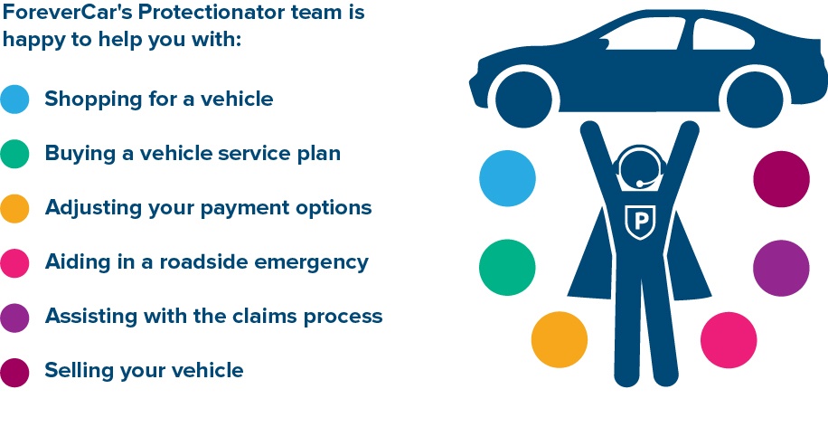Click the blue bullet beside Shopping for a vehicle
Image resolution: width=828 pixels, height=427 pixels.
[14, 100]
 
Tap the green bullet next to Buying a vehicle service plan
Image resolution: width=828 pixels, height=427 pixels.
[14, 154]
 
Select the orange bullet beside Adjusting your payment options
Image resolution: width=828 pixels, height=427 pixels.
[14, 208]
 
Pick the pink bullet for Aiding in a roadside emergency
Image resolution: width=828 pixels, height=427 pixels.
[14, 263]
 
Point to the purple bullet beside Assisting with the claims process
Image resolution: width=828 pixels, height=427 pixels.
[14, 318]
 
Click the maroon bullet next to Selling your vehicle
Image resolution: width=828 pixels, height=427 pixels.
[14, 373]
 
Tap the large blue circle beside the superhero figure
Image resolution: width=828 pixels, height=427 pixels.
[507, 178]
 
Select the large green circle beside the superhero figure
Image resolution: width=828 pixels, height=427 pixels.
[507, 268]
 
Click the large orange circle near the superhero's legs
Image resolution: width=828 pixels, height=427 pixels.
[560, 339]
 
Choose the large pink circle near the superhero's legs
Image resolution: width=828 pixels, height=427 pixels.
[729, 340]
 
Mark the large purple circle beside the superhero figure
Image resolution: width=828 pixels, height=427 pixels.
[781, 268]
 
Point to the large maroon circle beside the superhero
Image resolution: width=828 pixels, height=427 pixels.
[782, 179]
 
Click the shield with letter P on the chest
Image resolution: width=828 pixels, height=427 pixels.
[640, 222]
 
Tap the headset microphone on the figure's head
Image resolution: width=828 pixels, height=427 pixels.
[641, 184]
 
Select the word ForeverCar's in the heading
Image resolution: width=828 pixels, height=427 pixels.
[68, 12]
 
